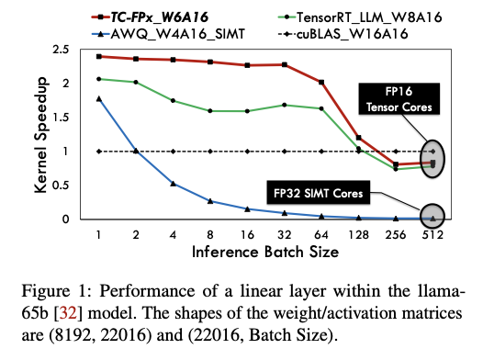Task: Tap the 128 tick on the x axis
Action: click(x=358, y=233)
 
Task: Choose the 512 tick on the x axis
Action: click(x=433, y=233)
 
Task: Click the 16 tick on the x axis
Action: click(x=245, y=233)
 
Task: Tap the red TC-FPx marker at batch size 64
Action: click(x=321, y=82)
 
